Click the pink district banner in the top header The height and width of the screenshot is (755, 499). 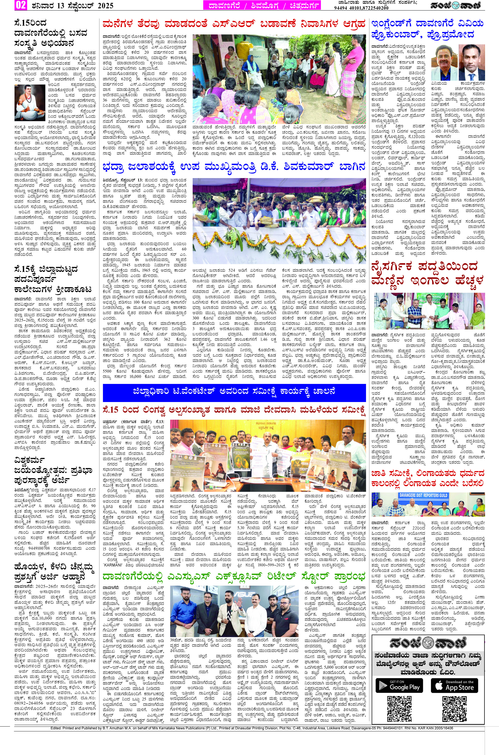(262, 5)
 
